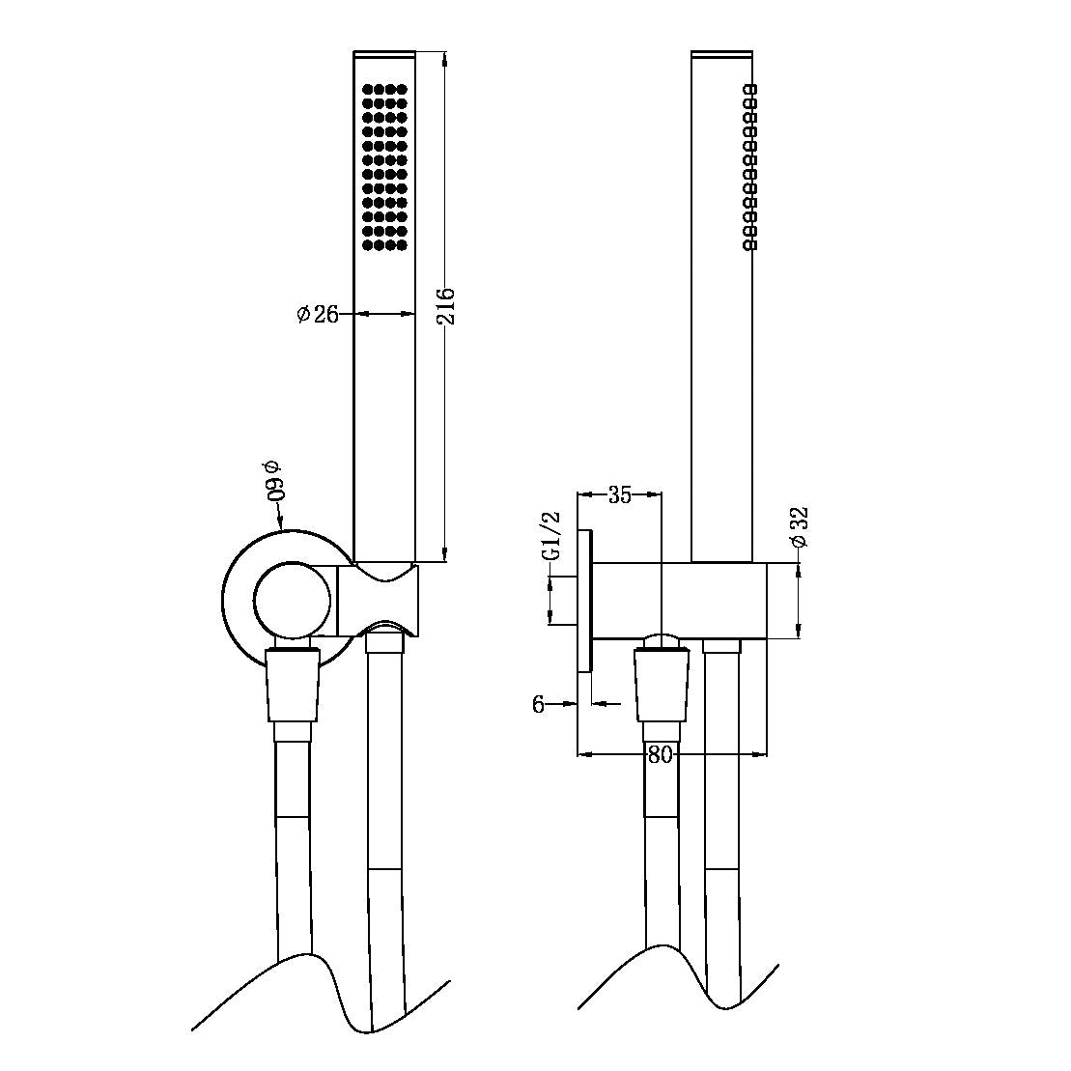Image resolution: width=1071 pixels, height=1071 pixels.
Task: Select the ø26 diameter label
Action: (318, 313)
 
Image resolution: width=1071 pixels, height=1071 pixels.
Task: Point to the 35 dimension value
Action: (619, 495)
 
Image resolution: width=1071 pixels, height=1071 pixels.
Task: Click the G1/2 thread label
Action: (551, 537)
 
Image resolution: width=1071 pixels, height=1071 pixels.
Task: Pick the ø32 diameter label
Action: (799, 527)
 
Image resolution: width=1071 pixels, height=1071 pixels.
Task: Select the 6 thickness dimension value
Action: (538, 704)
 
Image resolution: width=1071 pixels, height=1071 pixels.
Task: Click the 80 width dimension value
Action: (660, 755)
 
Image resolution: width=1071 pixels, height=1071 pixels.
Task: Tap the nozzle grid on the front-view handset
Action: (384, 168)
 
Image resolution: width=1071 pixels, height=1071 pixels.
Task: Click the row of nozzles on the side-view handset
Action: (750, 168)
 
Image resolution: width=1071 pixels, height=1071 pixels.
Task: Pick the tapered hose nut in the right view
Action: (662, 684)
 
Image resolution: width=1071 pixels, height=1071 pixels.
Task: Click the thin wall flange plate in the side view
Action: (585, 600)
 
